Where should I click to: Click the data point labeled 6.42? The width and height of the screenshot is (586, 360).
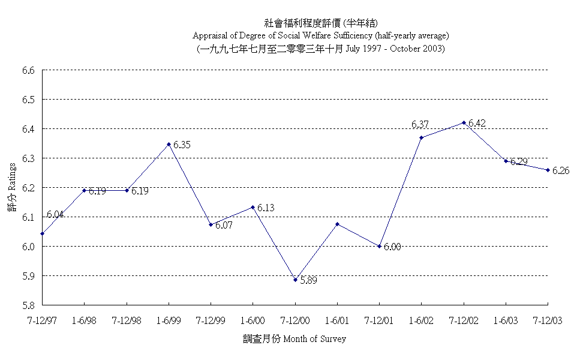464,122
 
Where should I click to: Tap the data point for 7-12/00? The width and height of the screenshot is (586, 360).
295,280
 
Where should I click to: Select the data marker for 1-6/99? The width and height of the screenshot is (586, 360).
169,144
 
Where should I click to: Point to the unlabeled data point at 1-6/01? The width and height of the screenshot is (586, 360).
337,224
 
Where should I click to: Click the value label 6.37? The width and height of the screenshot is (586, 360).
420,124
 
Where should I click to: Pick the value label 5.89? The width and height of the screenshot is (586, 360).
308,280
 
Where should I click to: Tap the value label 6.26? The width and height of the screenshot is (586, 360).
561,170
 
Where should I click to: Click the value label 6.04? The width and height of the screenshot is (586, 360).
55,214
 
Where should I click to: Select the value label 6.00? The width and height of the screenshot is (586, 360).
392,247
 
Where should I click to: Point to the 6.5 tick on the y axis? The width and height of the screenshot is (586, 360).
29,100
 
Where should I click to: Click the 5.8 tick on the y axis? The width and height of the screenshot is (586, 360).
29,305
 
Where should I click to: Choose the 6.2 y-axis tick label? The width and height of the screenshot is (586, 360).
29,188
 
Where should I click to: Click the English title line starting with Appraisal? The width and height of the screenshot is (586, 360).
321,36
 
